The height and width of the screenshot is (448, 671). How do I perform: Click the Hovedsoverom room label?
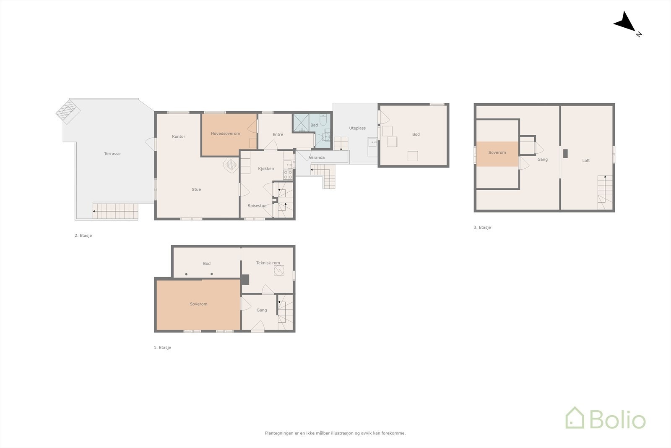(225, 134)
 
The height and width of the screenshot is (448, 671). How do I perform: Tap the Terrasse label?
(112, 154)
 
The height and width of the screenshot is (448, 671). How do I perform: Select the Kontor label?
(178, 136)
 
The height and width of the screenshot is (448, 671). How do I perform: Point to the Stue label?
(196, 189)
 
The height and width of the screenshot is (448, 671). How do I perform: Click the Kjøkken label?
(266, 168)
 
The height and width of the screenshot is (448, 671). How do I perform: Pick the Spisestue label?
(257, 206)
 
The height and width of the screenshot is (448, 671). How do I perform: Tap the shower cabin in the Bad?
(301, 123)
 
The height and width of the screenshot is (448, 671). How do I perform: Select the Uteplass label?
(357, 128)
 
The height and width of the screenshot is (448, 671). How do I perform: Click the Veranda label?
(317, 157)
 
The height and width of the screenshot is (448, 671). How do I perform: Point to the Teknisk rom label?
(268, 263)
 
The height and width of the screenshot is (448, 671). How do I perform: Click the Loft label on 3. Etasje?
(586, 160)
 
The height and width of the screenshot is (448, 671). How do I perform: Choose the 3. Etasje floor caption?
(482, 227)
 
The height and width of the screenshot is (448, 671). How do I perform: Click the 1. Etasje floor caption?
(162, 348)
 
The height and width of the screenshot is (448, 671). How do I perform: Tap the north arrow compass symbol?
(626, 23)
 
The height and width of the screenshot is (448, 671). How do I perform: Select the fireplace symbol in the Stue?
(231, 164)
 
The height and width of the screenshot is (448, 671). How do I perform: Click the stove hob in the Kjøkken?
(288, 174)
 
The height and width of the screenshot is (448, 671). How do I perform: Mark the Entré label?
(278, 134)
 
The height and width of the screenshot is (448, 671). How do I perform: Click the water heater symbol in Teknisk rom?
(279, 271)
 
